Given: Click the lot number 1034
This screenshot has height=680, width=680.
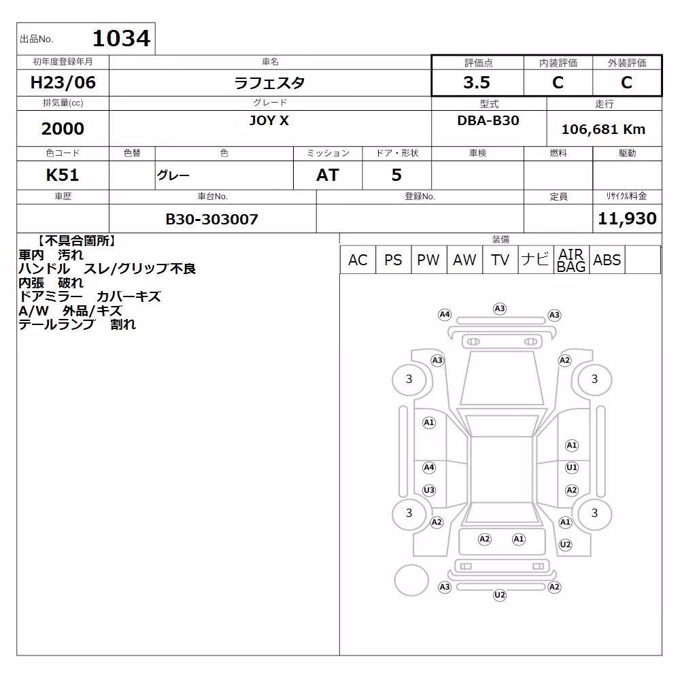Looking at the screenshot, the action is pyautogui.click(x=121, y=38).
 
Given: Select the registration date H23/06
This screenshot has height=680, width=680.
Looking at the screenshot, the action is pyautogui.click(x=63, y=82).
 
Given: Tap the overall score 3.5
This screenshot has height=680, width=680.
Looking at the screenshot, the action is pyautogui.click(x=477, y=82).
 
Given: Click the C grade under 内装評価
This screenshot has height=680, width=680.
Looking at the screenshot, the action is pyautogui.click(x=558, y=82).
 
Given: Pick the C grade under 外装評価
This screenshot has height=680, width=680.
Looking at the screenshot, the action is pyautogui.click(x=626, y=82).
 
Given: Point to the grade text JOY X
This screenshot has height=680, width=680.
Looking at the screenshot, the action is pyautogui.click(x=269, y=120).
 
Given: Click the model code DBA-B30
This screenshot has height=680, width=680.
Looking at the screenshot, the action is pyautogui.click(x=488, y=120).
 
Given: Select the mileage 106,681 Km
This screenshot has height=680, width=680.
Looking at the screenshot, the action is pyautogui.click(x=603, y=129).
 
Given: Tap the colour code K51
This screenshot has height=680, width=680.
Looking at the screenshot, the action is pyautogui.click(x=63, y=175).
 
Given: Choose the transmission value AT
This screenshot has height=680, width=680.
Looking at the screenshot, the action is pyautogui.click(x=328, y=175).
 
